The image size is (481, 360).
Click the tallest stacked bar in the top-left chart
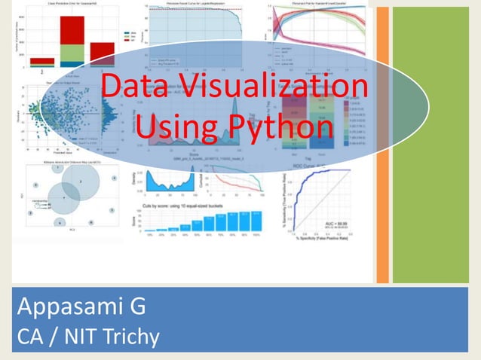coord(72,38)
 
